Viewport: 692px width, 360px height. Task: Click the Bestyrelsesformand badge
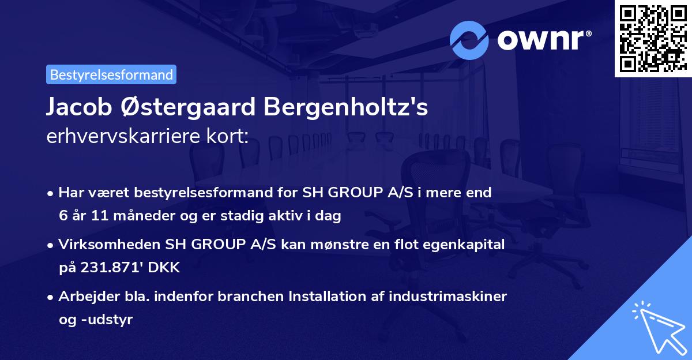[111, 74]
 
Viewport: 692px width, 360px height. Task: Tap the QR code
[652, 39]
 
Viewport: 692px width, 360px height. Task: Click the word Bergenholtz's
[346, 108]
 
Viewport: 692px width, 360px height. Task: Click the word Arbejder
[85, 297]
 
